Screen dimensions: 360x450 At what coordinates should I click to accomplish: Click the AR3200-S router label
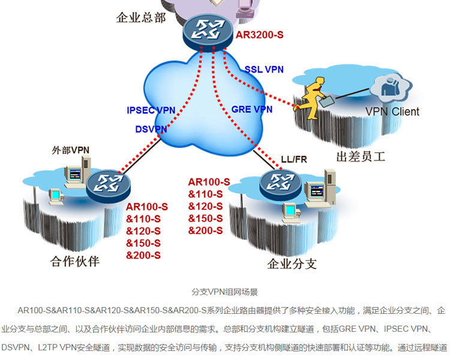tap(259, 35)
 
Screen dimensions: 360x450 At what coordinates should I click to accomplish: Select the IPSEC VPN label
tap(151, 110)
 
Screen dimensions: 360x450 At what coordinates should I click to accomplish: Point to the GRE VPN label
tap(252, 109)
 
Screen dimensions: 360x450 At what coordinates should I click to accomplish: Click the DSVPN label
tap(151, 129)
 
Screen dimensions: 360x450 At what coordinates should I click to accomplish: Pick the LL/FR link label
tap(293, 160)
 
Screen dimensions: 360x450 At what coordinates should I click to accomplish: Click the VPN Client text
tap(392, 112)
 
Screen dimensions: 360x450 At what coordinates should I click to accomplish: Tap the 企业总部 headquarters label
tap(140, 17)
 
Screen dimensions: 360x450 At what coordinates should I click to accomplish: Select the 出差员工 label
tap(361, 158)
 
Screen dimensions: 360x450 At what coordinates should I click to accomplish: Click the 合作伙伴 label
tap(75, 262)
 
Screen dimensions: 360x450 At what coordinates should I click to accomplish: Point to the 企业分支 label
tap(292, 264)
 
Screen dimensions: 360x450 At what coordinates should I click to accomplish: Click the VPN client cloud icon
tap(391, 88)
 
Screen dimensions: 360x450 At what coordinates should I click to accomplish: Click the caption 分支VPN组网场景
tap(224, 292)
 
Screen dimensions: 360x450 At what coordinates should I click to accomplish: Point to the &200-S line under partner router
tap(143, 255)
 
